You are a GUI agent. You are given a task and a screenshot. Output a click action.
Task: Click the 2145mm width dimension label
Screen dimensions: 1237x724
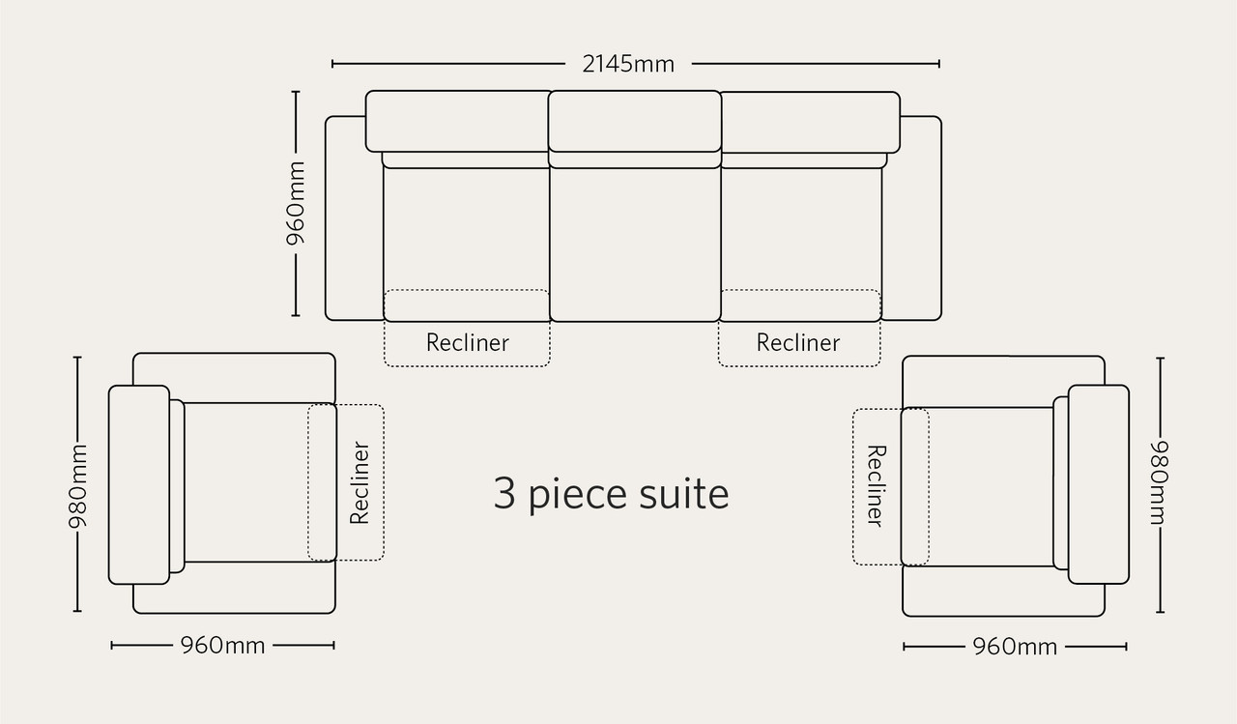pyautogui.click(x=628, y=64)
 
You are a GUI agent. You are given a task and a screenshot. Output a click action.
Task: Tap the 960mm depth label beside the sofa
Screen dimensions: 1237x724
pyautogui.click(x=296, y=203)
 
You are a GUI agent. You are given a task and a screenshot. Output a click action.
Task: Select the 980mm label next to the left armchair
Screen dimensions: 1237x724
pyautogui.click(x=78, y=485)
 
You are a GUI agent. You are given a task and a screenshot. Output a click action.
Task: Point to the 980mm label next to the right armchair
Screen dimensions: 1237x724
pyautogui.click(x=1159, y=482)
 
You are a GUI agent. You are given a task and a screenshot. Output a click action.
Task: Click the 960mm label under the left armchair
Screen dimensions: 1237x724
pyautogui.click(x=222, y=645)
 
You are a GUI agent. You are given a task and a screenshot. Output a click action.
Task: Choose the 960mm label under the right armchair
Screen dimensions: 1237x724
pyautogui.click(x=1015, y=646)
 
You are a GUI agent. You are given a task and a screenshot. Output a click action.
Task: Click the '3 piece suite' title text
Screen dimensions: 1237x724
pyautogui.click(x=611, y=494)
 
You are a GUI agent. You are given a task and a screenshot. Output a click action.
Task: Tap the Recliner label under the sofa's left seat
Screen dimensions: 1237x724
pyautogui.click(x=467, y=342)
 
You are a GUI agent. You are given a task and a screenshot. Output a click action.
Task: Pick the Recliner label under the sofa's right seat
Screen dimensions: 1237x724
pyautogui.click(x=798, y=342)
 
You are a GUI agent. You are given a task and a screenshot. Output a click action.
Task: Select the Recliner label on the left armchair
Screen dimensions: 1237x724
pyautogui.click(x=360, y=482)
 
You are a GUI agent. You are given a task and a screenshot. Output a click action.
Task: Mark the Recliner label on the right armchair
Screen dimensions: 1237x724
pyautogui.click(x=877, y=486)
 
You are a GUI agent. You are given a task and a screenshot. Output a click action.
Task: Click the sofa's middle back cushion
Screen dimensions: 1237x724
pyautogui.click(x=635, y=122)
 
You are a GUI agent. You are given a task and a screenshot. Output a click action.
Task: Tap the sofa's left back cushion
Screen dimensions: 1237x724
pyautogui.click(x=457, y=122)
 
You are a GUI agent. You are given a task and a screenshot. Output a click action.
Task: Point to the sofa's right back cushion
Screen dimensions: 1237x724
pyautogui.click(x=810, y=123)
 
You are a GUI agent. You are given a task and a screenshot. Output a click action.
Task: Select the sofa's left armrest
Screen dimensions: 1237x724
pyautogui.click(x=354, y=218)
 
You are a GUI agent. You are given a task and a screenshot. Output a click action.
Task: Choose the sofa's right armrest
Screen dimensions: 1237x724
pyautogui.click(x=912, y=218)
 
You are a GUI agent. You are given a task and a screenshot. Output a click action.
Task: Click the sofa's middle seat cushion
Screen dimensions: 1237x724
pyautogui.click(x=635, y=243)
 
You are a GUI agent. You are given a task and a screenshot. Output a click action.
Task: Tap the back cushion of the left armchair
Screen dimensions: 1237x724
pyautogui.click(x=139, y=485)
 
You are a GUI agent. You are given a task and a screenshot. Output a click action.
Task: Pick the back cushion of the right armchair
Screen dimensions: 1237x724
pyautogui.click(x=1099, y=484)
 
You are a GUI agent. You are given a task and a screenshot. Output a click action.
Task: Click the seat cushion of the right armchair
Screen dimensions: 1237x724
pyautogui.click(x=977, y=487)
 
